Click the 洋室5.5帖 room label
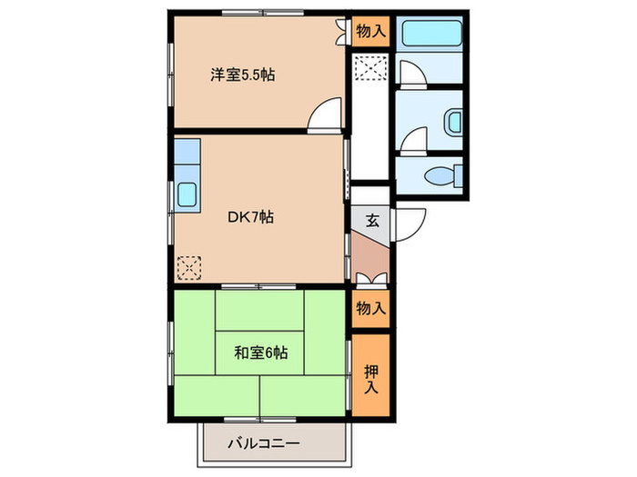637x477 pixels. pos(243,75)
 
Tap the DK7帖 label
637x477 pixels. pos(251,217)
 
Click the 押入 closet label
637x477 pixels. pos(372,377)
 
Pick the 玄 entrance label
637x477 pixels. pos(372,219)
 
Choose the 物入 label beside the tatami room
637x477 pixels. pos(371,309)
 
